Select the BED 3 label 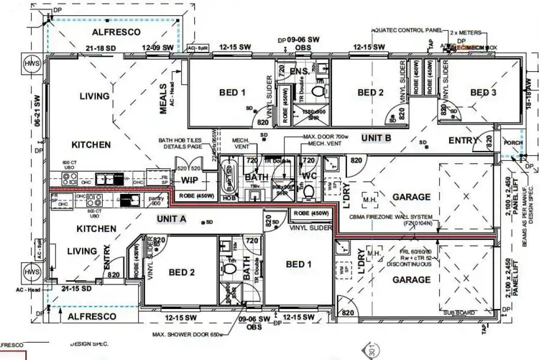[x=484, y=93]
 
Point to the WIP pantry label [x=190, y=179]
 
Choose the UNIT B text [x=376, y=137]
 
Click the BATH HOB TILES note [x=175, y=147]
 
